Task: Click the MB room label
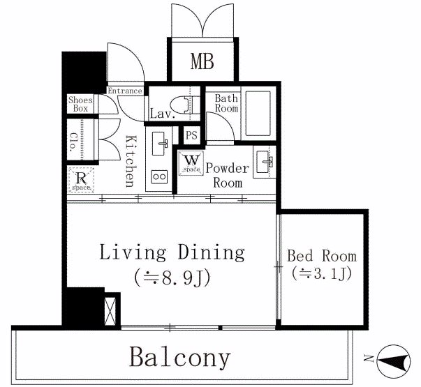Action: click(202, 61)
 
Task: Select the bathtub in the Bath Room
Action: click(258, 114)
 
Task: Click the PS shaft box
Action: click(191, 135)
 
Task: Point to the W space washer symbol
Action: click(191, 163)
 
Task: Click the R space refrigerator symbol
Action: click(81, 180)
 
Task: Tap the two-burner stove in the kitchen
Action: click(159, 177)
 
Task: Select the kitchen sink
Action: click(160, 144)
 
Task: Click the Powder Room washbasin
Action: click(264, 162)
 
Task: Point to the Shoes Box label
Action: click(80, 104)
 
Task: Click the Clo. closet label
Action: click(73, 142)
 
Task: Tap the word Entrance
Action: click(125, 91)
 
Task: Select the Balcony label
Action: click(180, 357)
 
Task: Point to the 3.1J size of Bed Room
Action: click(322, 274)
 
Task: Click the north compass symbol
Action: click(393, 361)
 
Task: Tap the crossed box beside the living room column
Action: click(110, 312)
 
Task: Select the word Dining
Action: click(212, 252)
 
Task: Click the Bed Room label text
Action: click(322, 256)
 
